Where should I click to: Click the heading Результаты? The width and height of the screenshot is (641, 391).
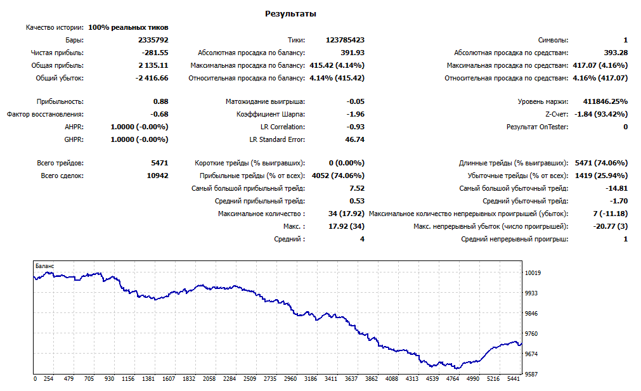click(290, 14)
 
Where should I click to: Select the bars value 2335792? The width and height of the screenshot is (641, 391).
click(153, 40)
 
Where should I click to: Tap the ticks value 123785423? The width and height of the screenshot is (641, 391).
click(345, 40)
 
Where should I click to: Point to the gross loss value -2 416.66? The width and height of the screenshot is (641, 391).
click(152, 78)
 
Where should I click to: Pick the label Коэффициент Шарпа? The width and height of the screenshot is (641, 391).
click(271, 115)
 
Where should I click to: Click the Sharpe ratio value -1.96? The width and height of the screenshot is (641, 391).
click(355, 115)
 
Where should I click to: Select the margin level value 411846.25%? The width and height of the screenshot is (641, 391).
click(605, 102)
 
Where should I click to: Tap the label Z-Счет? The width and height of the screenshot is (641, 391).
click(557, 115)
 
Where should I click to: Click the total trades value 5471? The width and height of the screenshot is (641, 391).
click(159, 163)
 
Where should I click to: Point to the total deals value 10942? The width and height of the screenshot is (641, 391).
click(157, 176)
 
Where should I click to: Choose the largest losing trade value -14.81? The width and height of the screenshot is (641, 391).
click(616, 188)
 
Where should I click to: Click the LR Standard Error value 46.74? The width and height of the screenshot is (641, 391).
click(355, 139)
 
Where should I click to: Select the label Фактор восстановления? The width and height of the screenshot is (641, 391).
click(45, 115)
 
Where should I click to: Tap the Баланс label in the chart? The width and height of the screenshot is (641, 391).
click(44, 266)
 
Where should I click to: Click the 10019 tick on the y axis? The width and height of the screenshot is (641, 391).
click(533, 273)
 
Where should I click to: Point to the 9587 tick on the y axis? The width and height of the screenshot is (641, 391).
click(531, 375)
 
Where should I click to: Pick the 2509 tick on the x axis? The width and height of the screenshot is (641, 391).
click(250, 379)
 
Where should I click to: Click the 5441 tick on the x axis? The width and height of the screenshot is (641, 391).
click(513, 379)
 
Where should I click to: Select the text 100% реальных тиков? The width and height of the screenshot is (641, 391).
click(128, 27)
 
